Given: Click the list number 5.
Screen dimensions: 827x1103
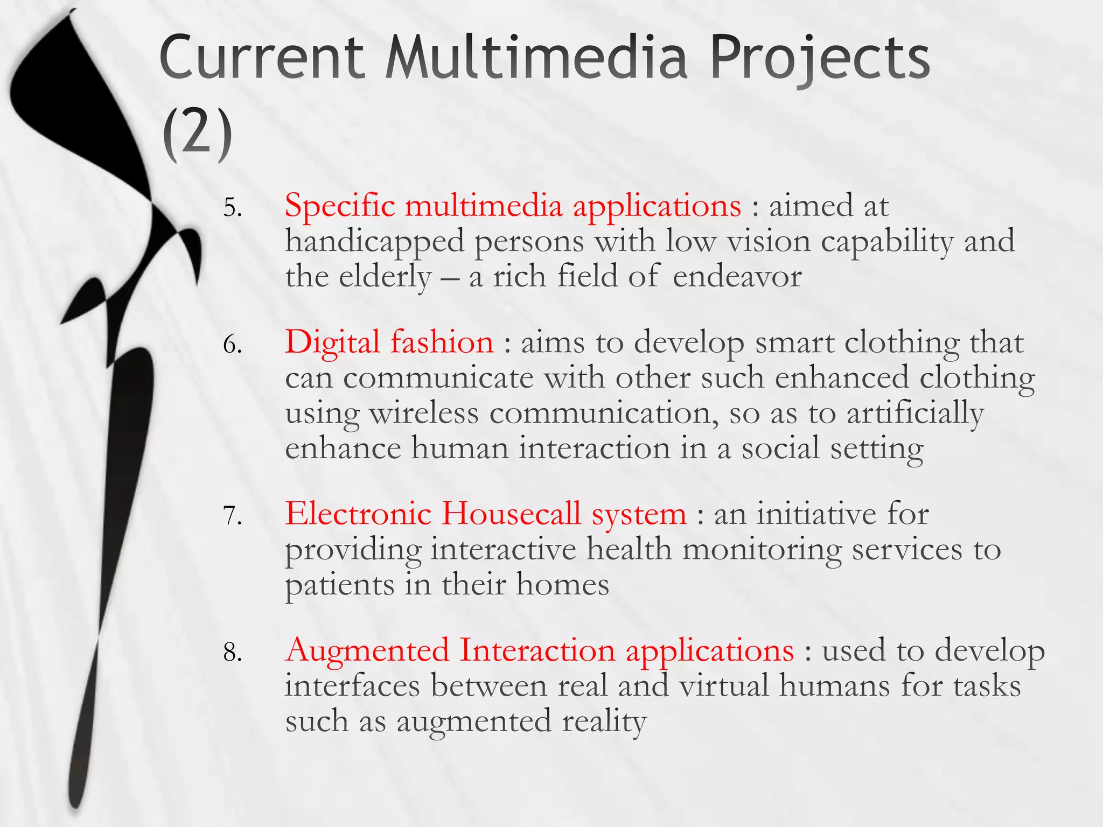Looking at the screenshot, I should click(x=232, y=207).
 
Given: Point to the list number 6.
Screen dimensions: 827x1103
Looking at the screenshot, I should click(x=232, y=344).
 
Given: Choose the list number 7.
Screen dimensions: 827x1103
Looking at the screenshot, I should click(x=232, y=516).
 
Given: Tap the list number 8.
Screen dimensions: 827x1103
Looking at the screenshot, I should click(x=232, y=653).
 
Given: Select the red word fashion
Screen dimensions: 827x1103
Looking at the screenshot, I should click(x=442, y=342).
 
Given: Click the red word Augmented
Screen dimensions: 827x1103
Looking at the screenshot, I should click(x=367, y=650).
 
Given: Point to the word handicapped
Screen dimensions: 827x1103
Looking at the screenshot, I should click(x=374, y=242).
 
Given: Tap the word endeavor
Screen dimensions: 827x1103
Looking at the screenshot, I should click(x=737, y=277).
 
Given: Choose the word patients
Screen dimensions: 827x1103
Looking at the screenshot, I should click(x=339, y=585).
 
